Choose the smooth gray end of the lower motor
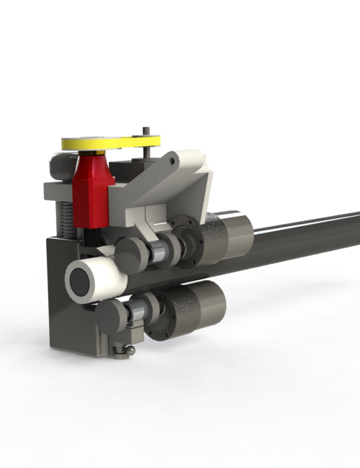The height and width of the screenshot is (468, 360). pos(209,302)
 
